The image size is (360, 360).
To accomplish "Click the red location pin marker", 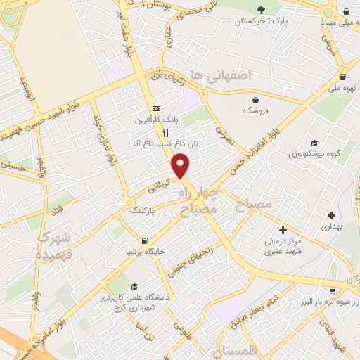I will tap(181, 167).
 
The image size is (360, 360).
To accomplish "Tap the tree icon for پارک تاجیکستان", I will tap(262, 10).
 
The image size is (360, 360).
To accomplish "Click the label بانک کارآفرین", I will tap(157, 120).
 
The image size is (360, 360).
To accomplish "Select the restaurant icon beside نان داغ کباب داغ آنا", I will tap(166, 132).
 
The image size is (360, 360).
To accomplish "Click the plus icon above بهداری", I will tap(331, 215).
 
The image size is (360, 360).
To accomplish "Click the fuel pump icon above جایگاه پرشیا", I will tap(146, 239).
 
